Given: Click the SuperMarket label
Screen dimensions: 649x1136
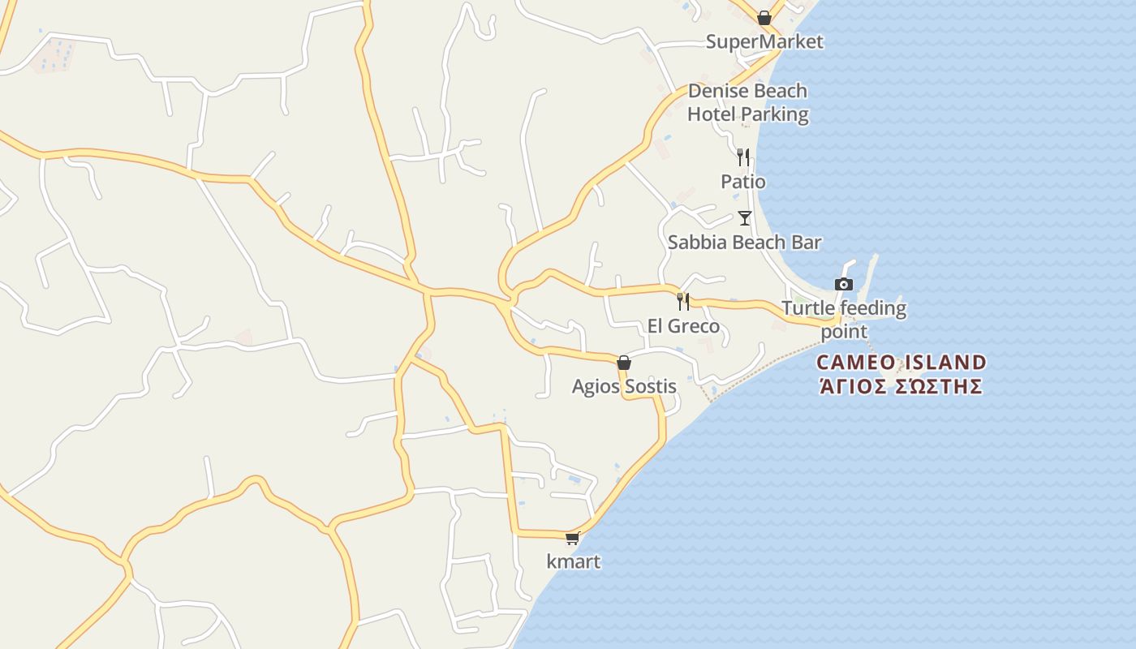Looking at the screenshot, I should click(x=764, y=41).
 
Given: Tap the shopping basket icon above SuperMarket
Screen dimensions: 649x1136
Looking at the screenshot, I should click(x=764, y=17).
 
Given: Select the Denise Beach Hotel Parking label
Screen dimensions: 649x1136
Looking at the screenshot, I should click(x=747, y=102).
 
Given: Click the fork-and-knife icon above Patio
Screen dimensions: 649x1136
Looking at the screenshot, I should click(x=742, y=157).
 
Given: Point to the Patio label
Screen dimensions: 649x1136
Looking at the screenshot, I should click(x=743, y=182).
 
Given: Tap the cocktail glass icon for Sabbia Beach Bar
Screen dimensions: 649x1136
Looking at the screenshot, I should click(x=744, y=217).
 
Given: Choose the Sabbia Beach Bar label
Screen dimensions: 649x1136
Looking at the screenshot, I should click(x=744, y=242).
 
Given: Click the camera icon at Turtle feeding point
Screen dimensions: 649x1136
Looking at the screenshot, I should click(x=844, y=284).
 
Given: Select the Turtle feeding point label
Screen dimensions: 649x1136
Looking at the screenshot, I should click(x=844, y=319).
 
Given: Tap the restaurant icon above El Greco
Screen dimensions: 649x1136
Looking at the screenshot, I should click(x=683, y=302).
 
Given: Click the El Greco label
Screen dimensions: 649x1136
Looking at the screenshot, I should click(x=683, y=326).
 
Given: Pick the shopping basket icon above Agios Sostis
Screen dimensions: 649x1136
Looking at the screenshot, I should click(x=623, y=363).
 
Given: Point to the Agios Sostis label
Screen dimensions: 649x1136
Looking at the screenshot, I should click(x=623, y=387).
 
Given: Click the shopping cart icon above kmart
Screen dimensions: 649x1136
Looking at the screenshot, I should click(x=573, y=538).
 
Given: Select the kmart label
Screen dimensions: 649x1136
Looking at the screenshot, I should click(x=573, y=561).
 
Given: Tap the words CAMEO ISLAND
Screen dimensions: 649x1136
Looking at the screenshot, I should click(x=901, y=362).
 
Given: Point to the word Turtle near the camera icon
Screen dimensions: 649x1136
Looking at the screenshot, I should click(x=808, y=308).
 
